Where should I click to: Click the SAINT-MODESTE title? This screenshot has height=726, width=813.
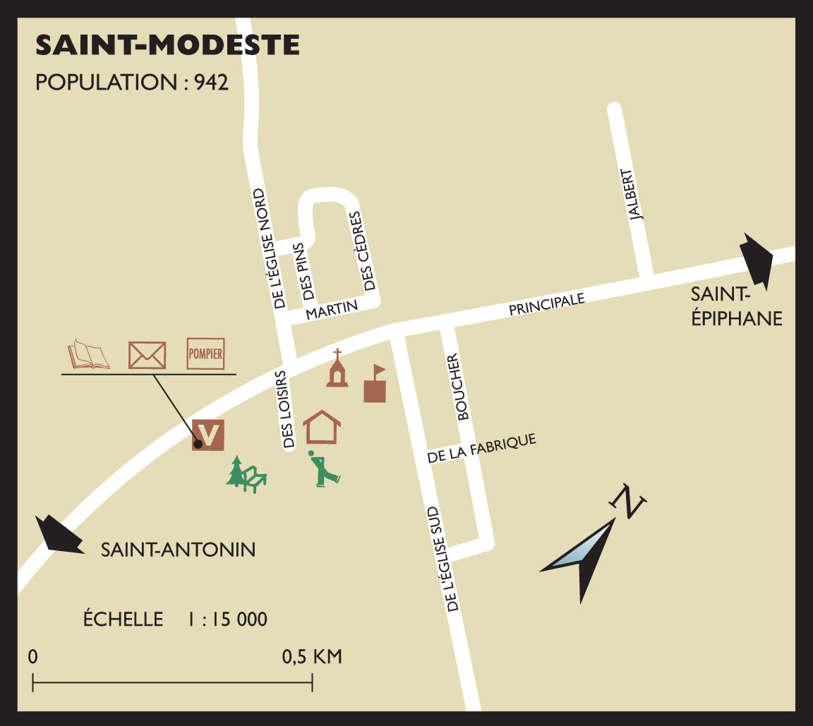click(x=167, y=45)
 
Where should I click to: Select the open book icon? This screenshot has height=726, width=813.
click(x=88, y=354)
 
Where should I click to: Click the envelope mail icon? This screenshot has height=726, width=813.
click(x=147, y=355)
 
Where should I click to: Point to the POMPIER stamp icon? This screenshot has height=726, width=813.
click(x=205, y=354)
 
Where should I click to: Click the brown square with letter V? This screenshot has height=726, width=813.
click(x=208, y=434)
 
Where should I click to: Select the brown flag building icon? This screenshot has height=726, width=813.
click(x=375, y=384)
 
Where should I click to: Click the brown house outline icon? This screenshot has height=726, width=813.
click(x=322, y=427)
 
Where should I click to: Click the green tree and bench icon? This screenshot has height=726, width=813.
click(x=246, y=474)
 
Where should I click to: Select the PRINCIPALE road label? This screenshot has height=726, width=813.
click(x=547, y=305)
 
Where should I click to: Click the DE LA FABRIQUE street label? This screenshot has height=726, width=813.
click(x=482, y=449)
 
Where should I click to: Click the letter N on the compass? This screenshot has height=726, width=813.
click(x=627, y=500)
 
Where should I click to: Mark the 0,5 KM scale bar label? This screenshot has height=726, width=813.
click(x=312, y=657)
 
